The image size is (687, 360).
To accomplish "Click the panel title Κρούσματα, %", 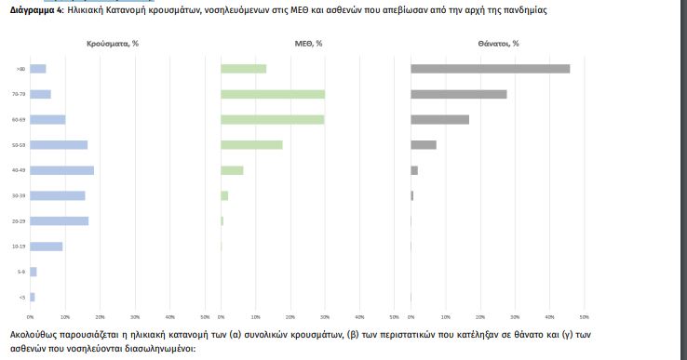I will [x=112, y=44].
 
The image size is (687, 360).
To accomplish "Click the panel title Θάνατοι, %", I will [x=498, y=44].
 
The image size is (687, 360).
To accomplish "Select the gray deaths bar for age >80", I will [x=490, y=69].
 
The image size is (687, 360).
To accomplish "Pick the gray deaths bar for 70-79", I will [x=458, y=94].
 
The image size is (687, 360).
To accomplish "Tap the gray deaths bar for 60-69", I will [x=439, y=119].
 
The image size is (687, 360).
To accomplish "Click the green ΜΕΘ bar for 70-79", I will [x=273, y=94].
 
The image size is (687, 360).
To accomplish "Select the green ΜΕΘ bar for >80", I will [x=243, y=69].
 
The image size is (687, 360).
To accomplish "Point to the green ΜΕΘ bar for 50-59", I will [x=251, y=145].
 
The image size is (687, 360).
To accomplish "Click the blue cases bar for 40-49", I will [x=62, y=170].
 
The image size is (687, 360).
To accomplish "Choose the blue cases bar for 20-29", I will [x=60, y=220].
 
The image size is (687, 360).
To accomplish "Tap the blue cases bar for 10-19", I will [x=47, y=247].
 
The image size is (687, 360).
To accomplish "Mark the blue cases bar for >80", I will [x=38, y=69].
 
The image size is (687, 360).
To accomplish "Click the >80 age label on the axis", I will [x=20, y=69].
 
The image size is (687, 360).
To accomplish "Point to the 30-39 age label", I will [x=20, y=195].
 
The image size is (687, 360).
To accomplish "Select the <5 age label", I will [x=21, y=297].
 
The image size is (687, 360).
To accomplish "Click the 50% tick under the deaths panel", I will [x=584, y=317].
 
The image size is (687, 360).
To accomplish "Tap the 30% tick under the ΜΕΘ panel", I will [x=325, y=317].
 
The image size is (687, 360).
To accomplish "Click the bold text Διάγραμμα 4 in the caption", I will [x=36, y=9].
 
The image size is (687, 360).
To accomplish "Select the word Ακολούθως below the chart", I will [x=34, y=333].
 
